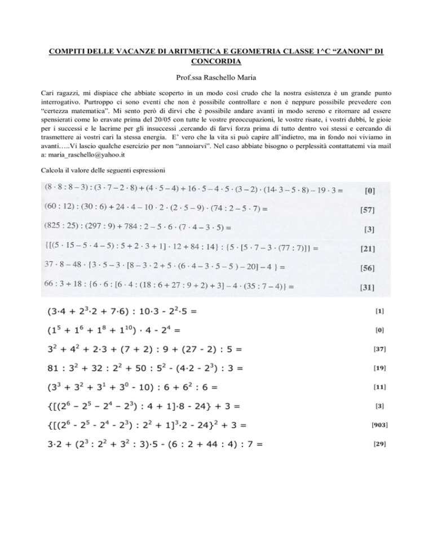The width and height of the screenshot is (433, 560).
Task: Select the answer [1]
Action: [382, 310]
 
